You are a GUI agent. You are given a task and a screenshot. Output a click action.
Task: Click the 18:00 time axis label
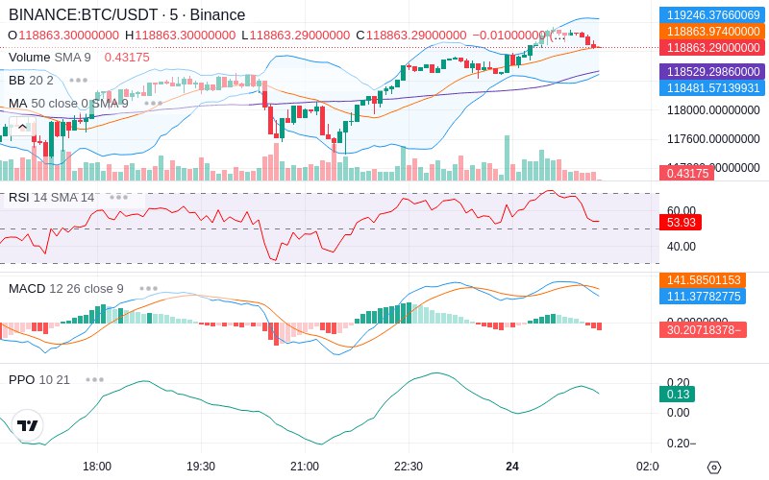tap(97, 466)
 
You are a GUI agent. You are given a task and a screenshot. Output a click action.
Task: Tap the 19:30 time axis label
tap(201, 466)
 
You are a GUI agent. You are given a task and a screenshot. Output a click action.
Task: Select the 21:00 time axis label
tap(305, 466)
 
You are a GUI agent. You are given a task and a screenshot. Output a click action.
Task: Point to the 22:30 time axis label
tap(409, 466)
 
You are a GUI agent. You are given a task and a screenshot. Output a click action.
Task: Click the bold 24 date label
tap(512, 466)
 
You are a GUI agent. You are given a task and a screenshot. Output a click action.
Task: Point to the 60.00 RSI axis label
tap(681, 210)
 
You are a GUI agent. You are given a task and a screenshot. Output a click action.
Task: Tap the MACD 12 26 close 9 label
tap(66, 288)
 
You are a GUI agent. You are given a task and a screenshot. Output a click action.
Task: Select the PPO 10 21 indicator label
tap(39, 379)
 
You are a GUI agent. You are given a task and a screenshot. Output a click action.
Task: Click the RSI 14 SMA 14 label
tap(52, 197)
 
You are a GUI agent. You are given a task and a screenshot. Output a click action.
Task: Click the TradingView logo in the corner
tap(28, 425)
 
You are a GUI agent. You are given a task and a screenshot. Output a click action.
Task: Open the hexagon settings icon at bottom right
tap(713, 467)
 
